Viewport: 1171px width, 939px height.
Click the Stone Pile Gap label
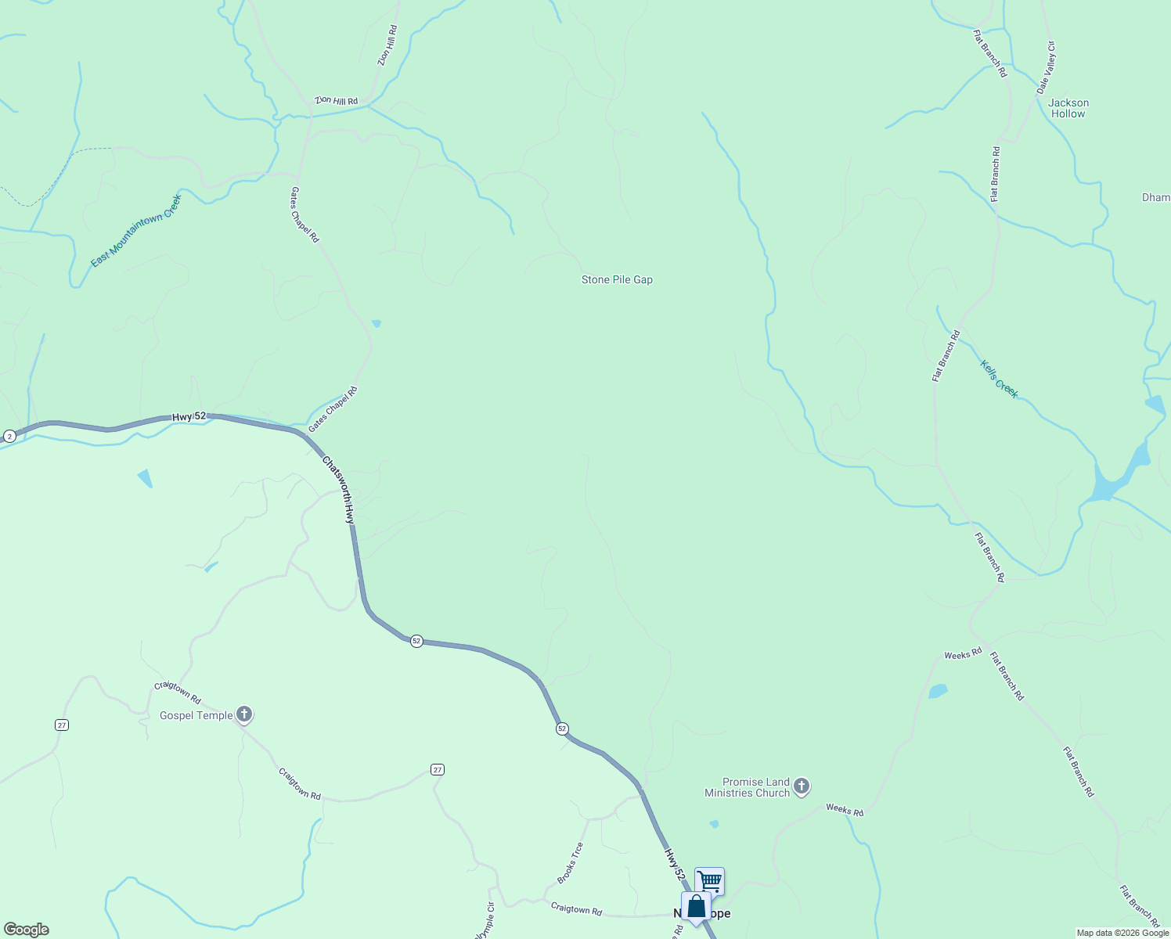tap(617, 279)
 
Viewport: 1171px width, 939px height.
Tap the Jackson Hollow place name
tap(1068, 108)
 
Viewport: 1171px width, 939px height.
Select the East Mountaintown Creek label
tap(136, 231)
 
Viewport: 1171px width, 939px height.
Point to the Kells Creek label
tap(1000, 379)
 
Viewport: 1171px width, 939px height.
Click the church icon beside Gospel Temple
tap(244, 714)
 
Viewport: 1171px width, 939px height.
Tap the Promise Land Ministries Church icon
tap(801, 786)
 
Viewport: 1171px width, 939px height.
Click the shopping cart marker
tap(709, 880)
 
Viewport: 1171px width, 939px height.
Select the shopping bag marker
tap(696, 906)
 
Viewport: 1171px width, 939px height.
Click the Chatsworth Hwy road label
tap(339, 491)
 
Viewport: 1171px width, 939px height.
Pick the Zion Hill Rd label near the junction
tap(337, 101)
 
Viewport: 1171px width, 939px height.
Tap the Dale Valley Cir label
tap(1047, 68)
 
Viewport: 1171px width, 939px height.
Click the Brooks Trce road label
tap(571, 863)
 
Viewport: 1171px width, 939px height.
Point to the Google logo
tap(27, 930)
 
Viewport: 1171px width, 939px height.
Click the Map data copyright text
tap(1122, 933)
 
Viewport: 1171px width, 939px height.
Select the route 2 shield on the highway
tap(9, 436)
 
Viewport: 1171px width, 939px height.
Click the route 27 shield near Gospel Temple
tap(62, 725)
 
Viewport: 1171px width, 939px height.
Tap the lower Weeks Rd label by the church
tap(845, 810)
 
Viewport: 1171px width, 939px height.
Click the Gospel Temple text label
tap(196, 715)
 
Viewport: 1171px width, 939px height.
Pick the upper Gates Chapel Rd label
tap(305, 214)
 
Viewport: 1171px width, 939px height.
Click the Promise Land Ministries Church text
tap(747, 787)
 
